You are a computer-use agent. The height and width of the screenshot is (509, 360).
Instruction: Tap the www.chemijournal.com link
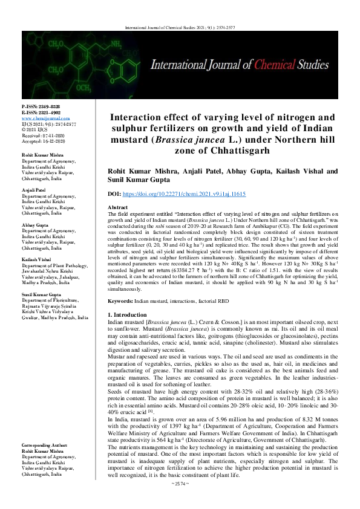click(x=41, y=118)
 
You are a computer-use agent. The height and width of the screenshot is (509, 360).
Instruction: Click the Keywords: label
click(x=120, y=300)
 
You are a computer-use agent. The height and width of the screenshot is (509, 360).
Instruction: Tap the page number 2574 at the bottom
click(x=180, y=501)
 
